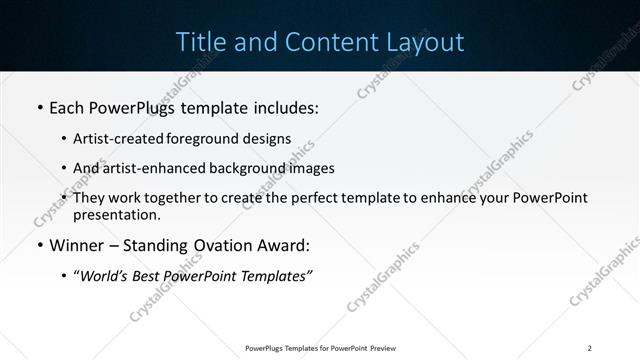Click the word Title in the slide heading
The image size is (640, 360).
[199, 42]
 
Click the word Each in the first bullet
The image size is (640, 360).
[68, 107]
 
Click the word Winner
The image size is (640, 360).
[76, 245]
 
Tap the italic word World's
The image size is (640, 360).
[101, 276]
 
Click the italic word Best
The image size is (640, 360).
[147, 276]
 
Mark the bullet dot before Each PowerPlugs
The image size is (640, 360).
[39, 107]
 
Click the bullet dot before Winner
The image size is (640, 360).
[39, 245]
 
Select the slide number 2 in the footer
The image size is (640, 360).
[590, 348]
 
